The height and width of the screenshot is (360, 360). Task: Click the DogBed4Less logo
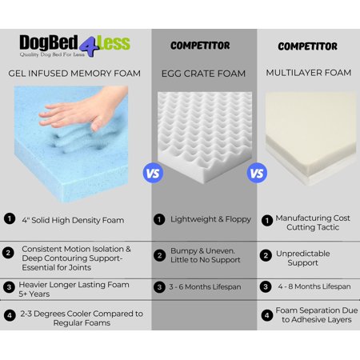(74, 46)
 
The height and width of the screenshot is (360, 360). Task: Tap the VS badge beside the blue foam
(153, 173)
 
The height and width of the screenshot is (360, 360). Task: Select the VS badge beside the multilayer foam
(257, 173)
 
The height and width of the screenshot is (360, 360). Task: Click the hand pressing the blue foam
(84, 108)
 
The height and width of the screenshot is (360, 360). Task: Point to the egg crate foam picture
(205, 138)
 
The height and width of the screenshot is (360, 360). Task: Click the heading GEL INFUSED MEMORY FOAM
(74, 74)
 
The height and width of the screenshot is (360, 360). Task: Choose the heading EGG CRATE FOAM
(203, 74)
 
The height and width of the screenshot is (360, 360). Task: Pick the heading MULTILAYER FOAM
(309, 73)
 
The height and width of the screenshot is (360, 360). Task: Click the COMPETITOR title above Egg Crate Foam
(200, 46)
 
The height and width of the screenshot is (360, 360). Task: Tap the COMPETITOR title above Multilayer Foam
(307, 46)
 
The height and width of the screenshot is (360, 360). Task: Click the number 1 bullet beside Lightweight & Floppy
(159, 220)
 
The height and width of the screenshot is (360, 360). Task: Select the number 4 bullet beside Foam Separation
(267, 315)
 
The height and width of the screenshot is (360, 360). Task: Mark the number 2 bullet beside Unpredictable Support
(266, 255)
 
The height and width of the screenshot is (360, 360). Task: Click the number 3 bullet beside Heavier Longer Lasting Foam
(9, 287)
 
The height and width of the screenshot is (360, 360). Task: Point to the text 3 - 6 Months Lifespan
(205, 287)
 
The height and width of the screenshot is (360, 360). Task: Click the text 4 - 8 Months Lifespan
(314, 286)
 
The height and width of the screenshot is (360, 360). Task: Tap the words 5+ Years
(34, 294)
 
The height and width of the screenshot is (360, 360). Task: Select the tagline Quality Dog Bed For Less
(52, 54)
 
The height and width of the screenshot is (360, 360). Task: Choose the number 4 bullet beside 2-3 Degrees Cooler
(10, 315)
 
